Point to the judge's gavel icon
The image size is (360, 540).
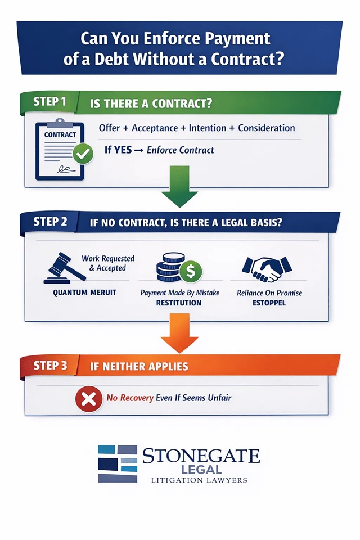pyautogui.click(x=60, y=269)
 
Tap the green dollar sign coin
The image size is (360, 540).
pyautogui.click(x=190, y=271)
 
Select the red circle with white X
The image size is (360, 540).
pyautogui.click(x=87, y=399)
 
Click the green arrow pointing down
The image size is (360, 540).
pyautogui.click(x=179, y=196)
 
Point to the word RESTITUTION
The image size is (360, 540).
pyautogui.click(x=179, y=302)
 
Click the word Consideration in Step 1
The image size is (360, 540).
pyautogui.click(x=267, y=128)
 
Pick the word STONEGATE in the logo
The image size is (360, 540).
pyautogui.click(x=201, y=454)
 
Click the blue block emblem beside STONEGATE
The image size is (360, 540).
pyautogui.click(x=117, y=464)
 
